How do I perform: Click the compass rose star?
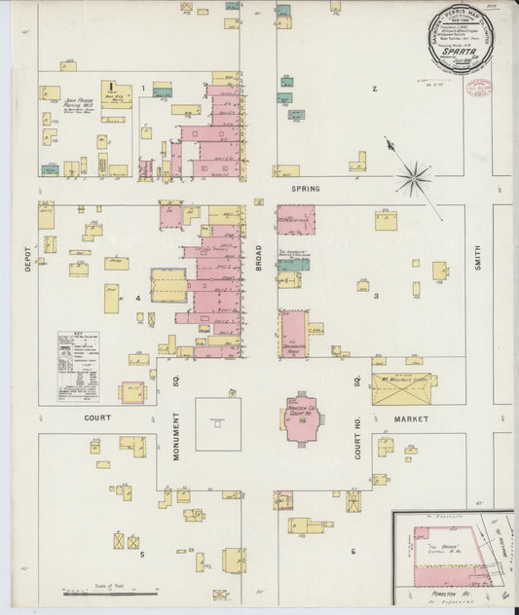click(x=414, y=178)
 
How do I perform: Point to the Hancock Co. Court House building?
click(x=303, y=417)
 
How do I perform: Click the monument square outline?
click(x=218, y=423)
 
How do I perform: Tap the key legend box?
click(x=78, y=366)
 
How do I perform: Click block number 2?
click(x=373, y=90)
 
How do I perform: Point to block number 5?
click(x=141, y=555)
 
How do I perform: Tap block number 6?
click(x=352, y=551)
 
